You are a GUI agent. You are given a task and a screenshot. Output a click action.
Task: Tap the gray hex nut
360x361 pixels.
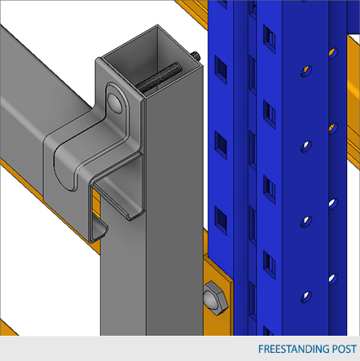coord(216,298)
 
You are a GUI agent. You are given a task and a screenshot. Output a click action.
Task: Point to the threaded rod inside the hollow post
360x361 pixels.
coord(158,77)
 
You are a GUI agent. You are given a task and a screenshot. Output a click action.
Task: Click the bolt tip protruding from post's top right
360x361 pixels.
coord(196,55)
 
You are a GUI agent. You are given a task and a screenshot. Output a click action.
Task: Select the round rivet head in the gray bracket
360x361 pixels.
coord(115,102)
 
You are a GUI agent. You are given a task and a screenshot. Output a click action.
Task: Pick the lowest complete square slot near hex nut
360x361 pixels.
coord(221,220)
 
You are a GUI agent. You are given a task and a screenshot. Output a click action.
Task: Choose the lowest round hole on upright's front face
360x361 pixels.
coord(306,297)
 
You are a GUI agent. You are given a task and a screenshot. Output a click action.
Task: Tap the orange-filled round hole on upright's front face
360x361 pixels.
coord(306,71)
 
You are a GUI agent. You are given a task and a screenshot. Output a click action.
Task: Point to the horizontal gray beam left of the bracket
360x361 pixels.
coord(33,108)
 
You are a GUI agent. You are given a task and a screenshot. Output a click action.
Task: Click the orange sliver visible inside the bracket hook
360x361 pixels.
coord(96,202)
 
